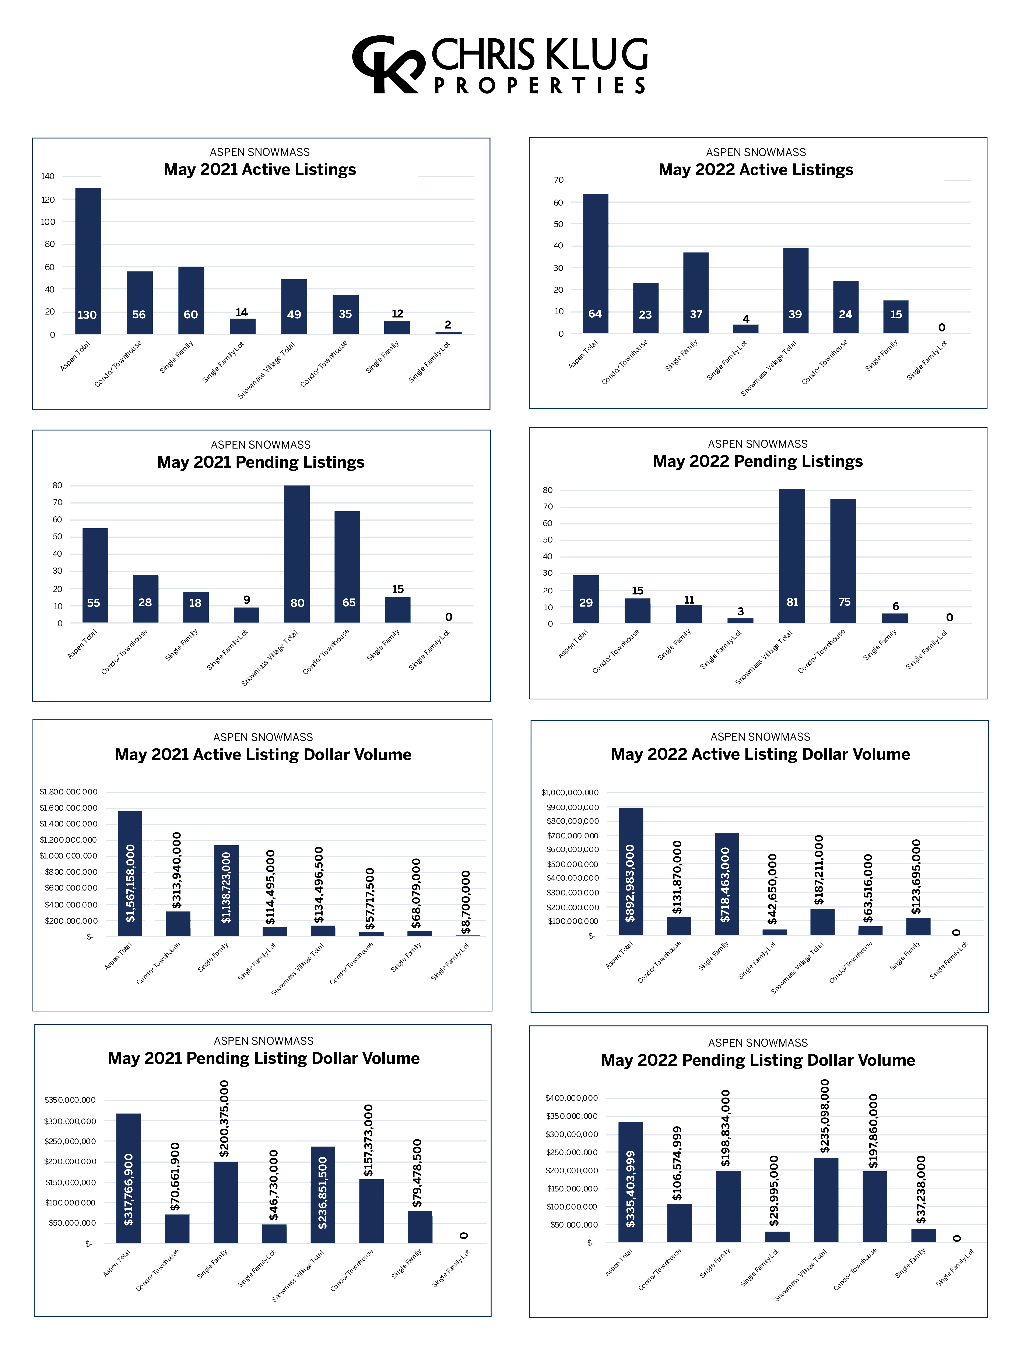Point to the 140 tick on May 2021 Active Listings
click(48, 177)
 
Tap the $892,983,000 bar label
click(630, 883)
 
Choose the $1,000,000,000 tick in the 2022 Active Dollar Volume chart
click(569, 793)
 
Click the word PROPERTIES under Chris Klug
click(540, 85)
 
